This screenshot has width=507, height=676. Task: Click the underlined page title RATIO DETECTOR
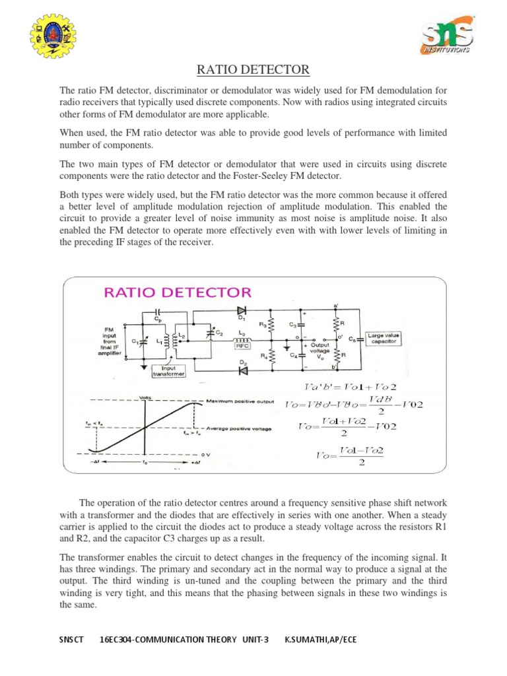click(x=253, y=70)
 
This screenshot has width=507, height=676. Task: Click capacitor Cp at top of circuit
click(x=156, y=311)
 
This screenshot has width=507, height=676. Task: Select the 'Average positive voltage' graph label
click(x=241, y=429)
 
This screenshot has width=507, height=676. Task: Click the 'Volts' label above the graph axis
click(x=144, y=397)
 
